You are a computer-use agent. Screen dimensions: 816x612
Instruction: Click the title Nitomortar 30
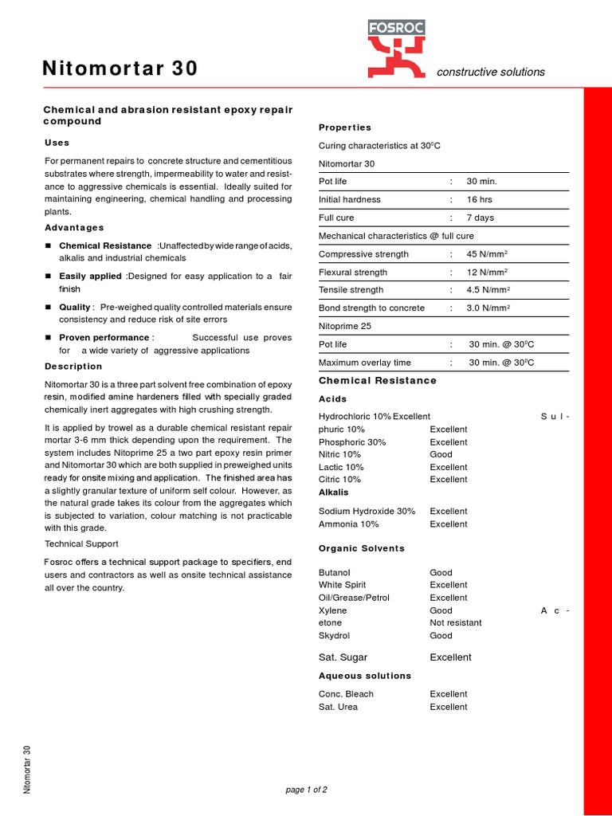pyautogui.click(x=120, y=70)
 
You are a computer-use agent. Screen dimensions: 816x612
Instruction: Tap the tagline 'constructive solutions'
pyautogui.click(x=491, y=72)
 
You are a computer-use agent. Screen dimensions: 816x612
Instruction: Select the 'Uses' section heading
pyautogui.click(x=57, y=143)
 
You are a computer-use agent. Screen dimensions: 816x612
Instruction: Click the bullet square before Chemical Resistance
pyautogui.click(x=48, y=246)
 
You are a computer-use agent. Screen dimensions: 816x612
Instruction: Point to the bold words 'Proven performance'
pyautogui.click(x=104, y=338)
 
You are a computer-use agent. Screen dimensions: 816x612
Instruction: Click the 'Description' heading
pyautogui.click(x=73, y=367)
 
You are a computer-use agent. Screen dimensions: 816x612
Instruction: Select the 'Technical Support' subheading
pyautogui.click(x=81, y=543)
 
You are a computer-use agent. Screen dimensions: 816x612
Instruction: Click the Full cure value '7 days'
pyautogui.click(x=481, y=218)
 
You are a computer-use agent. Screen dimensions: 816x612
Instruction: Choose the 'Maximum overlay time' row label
pyautogui.click(x=365, y=363)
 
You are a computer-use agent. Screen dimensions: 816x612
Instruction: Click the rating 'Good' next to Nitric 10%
pyautogui.click(x=441, y=454)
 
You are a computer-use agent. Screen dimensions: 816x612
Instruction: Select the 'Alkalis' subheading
pyautogui.click(x=333, y=492)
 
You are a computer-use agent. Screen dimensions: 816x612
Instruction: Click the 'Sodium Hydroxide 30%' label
pyautogui.click(x=367, y=512)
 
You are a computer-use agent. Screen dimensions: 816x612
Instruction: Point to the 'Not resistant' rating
pyautogui.click(x=456, y=622)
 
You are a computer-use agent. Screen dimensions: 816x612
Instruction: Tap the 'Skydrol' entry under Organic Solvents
pyautogui.click(x=334, y=635)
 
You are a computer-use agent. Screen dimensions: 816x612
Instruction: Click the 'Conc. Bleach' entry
pyautogui.click(x=346, y=694)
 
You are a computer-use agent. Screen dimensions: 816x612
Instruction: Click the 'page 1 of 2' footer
pyautogui.click(x=306, y=790)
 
